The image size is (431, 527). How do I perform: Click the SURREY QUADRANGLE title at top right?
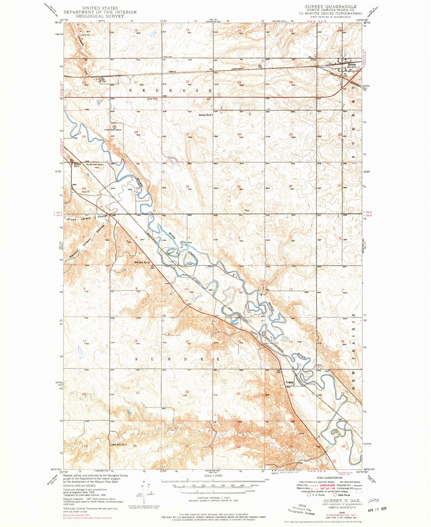(330, 6)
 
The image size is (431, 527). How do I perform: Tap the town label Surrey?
(352, 64)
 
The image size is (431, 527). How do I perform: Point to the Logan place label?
(290, 382)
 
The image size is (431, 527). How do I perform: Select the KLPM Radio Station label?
(95, 165)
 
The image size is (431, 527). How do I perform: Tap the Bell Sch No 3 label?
(119, 445)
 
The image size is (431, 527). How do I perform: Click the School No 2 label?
(205, 115)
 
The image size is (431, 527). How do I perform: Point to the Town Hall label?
(168, 57)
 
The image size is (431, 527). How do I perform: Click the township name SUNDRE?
(177, 359)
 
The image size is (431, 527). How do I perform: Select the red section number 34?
(187, 186)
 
